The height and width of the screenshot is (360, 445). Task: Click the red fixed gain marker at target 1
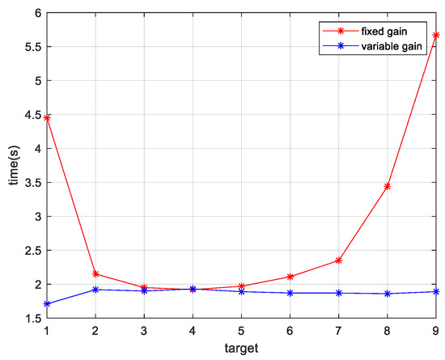point(48,118)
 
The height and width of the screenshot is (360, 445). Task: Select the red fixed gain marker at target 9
point(436,36)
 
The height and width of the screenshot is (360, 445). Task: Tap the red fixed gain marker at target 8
point(388,186)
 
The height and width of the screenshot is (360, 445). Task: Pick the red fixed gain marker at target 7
point(339,260)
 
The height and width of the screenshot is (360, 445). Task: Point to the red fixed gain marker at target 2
point(96,274)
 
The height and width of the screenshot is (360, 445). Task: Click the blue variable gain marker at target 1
point(48,304)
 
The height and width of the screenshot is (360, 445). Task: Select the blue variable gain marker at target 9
point(436,291)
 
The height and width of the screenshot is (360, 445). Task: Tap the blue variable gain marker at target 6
point(290,293)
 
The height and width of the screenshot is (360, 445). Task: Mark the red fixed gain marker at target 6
point(290,277)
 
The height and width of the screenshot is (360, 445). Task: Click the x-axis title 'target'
point(242,349)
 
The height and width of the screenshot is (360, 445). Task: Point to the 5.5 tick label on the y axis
point(31,47)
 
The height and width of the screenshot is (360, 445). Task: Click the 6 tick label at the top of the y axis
point(36,13)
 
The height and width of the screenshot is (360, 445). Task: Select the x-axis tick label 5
point(242,331)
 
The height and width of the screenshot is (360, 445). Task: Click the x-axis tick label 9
point(436,331)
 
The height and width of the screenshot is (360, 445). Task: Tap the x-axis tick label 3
point(145,331)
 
